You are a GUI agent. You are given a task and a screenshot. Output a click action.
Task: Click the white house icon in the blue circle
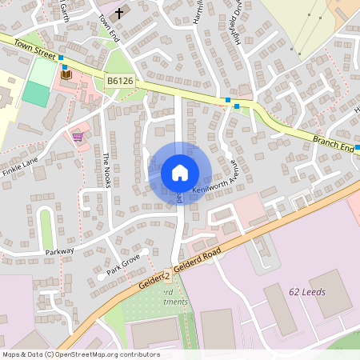click(x=179, y=173)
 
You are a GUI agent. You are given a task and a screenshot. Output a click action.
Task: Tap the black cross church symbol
click(x=120, y=13)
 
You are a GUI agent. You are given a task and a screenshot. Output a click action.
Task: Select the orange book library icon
click(x=66, y=74)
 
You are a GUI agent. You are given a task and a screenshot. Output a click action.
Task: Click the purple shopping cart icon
click(x=78, y=136)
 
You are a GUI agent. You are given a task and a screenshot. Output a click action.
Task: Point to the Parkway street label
click(x=59, y=251)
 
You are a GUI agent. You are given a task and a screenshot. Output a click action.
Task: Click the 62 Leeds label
click(x=306, y=292)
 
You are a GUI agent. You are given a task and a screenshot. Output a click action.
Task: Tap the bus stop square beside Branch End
click(x=357, y=148)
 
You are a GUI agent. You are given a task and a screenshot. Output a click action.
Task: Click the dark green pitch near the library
click(x=35, y=94)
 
